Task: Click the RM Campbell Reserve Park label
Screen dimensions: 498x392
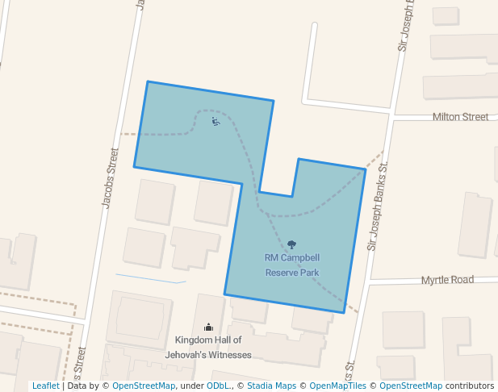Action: [292, 265]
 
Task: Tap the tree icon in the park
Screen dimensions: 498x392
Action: [291, 244]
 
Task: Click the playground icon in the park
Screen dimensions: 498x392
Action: [216, 122]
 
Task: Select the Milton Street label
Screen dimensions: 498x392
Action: [460, 117]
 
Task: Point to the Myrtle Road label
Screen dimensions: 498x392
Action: [447, 280]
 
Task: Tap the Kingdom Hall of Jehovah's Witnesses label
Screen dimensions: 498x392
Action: [208, 347]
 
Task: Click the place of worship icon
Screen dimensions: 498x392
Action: [208, 327]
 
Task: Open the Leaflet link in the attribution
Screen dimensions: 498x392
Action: [45, 386]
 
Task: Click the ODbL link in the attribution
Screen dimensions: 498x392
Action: [217, 386]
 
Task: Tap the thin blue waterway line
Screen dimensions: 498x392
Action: [150, 278]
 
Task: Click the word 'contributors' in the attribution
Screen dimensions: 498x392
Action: [470, 386]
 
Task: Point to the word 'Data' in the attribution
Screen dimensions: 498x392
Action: [77, 386]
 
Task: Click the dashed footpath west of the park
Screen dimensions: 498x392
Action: [128, 134]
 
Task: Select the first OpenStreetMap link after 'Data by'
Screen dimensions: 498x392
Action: [143, 386]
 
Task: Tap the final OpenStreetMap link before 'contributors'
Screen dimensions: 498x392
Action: [411, 386]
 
